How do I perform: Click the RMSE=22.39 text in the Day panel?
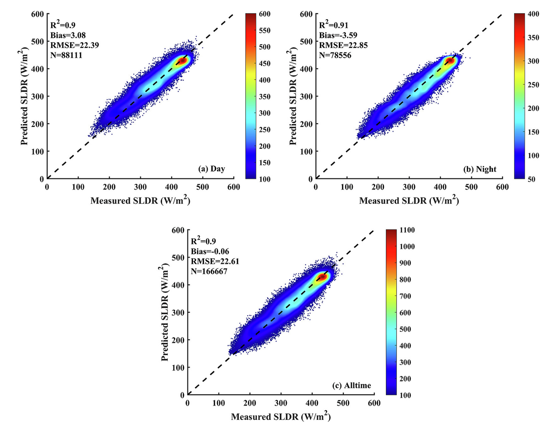(x=74, y=45)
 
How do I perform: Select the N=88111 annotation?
(x=66, y=55)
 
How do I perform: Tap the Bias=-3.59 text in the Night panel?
(x=338, y=35)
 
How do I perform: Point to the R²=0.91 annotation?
(x=333, y=25)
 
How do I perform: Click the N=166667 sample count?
(x=209, y=271)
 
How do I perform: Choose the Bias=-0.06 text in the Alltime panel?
(x=210, y=251)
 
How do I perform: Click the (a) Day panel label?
(x=212, y=169)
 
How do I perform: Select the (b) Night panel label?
(x=480, y=169)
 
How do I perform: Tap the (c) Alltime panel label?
(x=352, y=385)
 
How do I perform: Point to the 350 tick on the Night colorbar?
(x=533, y=38)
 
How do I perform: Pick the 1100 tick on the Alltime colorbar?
(x=407, y=230)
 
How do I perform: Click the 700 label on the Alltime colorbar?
(x=405, y=296)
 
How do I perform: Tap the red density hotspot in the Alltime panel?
(x=322, y=277)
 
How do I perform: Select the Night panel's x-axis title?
(x=409, y=201)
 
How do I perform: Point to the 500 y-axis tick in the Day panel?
(x=37, y=41)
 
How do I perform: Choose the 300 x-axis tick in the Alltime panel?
(x=281, y=403)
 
